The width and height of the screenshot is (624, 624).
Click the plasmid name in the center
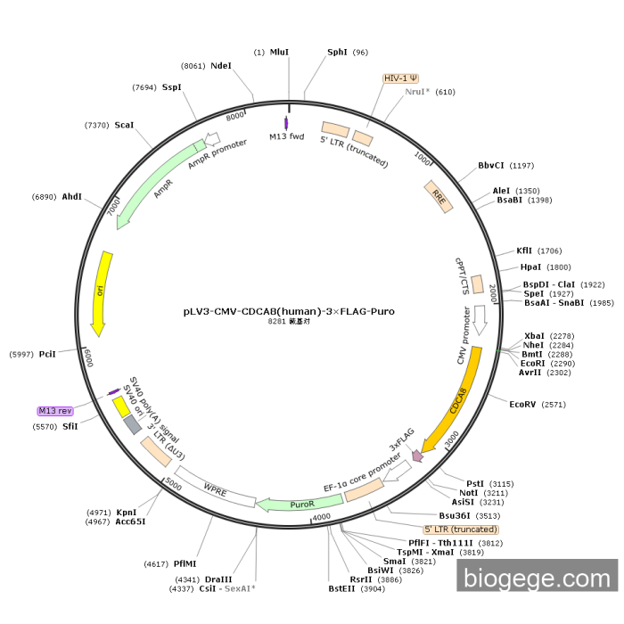pyautogui.click(x=288, y=312)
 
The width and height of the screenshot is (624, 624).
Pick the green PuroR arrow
pyautogui.click(x=287, y=505)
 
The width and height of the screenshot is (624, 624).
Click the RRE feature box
pyautogui.click(x=438, y=197)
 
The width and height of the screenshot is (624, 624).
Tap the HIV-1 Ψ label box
pyautogui.click(x=401, y=78)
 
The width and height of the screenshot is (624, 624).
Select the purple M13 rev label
pyautogui.click(x=54, y=411)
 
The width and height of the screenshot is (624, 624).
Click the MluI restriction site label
pyautogui.click(x=279, y=53)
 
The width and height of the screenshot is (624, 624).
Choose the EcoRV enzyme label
pyautogui.click(x=523, y=405)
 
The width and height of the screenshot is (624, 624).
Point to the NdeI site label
pyautogui.click(x=221, y=66)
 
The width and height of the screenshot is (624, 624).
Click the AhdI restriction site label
pyautogui.click(x=72, y=196)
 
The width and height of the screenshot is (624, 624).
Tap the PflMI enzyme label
pyautogui.click(x=185, y=563)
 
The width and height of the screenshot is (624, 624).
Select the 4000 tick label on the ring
pyautogui.click(x=322, y=516)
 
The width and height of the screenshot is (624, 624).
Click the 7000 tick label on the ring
pyautogui.click(x=113, y=207)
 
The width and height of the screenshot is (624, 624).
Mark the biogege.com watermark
pyautogui.click(x=537, y=579)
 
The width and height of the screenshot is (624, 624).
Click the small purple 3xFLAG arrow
pyautogui.click(x=416, y=456)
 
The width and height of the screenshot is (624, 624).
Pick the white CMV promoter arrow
pyautogui.click(x=480, y=320)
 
